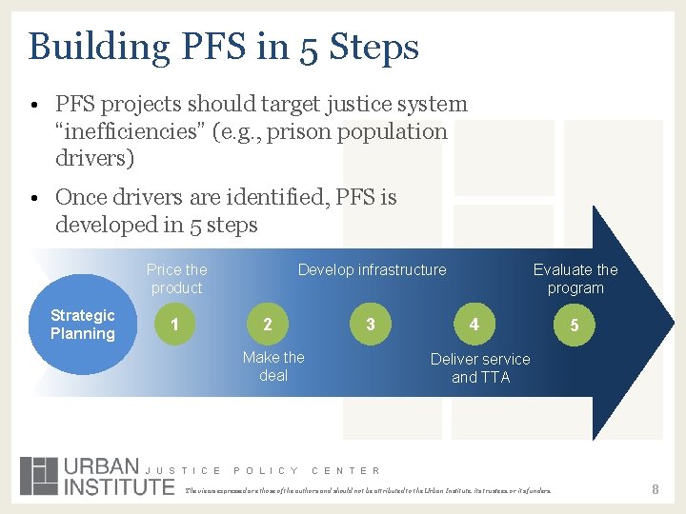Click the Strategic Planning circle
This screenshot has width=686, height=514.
pyautogui.click(x=83, y=325)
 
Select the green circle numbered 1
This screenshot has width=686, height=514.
pyautogui.click(x=173, y=325)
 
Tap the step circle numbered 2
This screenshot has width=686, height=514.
pyautogui.click(x=267, y=325)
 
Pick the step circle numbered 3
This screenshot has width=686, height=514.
pyautogui.click(x=371, y=325)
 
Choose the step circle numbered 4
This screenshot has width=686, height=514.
pyautogui.click(x=474, y=325)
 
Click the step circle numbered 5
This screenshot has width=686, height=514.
pyautogui.click(x=574, y=326)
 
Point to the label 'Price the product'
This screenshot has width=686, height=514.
pyautogui.click(x=177, y=279)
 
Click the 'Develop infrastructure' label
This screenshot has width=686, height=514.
pyautogui.click(x=372, y=270)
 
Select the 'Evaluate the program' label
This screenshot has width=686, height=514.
pyautogui.click(x=575, y=279)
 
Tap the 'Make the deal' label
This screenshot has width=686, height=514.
pyautogui.click(x=273, y=366)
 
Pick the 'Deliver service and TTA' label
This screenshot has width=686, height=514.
pyautogui.click(x=480, y=368)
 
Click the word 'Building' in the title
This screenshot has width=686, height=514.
pyautogui.click(x=85, y=46)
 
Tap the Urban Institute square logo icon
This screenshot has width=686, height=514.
pyautogui.click(x=39, y=476)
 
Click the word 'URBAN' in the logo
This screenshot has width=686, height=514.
pyautogui.click(x=101, y=466)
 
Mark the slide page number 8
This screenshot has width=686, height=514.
pyautogui.click(x=656, y=489)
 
